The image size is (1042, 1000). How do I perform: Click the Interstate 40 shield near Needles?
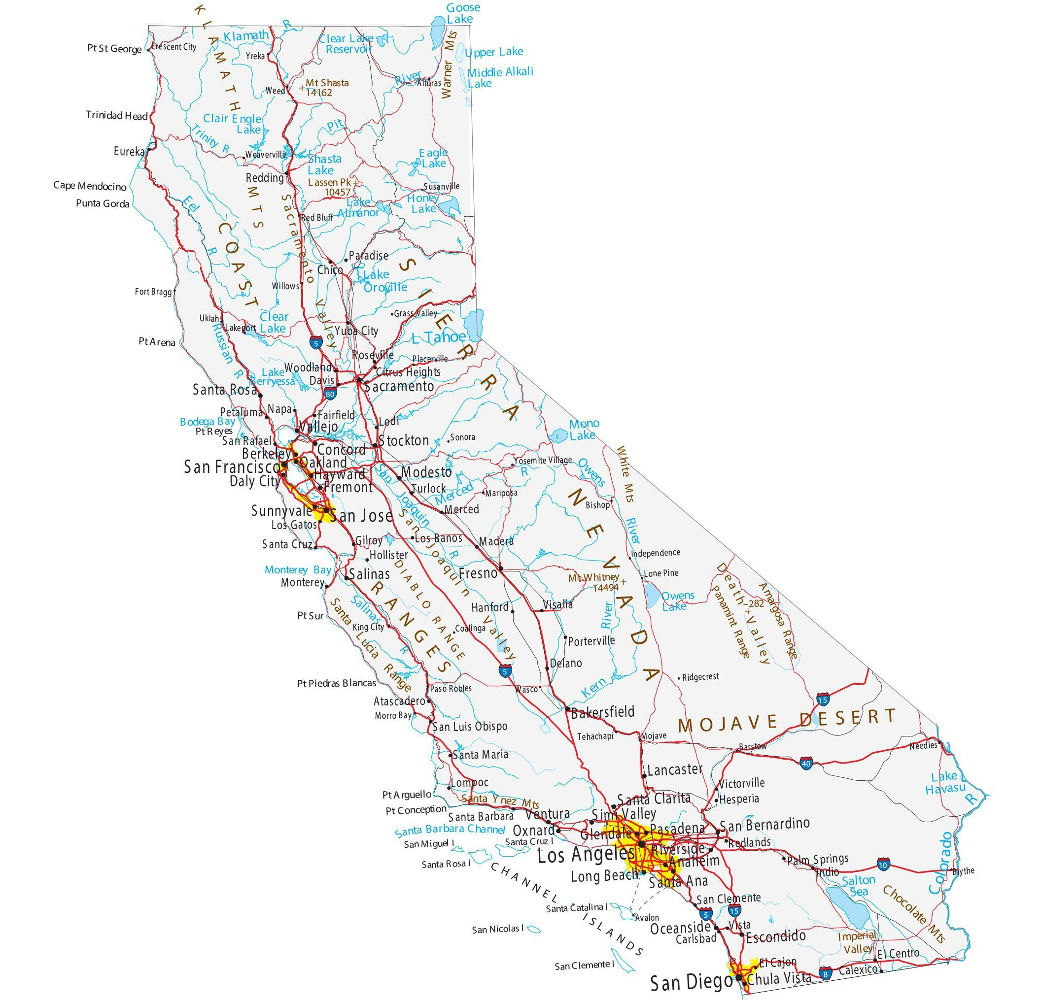[806, 764]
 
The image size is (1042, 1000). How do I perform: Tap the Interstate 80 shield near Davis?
[330, 394]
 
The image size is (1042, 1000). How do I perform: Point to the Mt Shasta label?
[326, 83]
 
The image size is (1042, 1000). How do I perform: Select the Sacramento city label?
[400, 386]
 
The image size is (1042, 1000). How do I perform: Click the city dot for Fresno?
[501, 569]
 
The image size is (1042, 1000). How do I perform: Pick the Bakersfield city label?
[603, 712]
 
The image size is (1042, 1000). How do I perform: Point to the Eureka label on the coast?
[129, 151]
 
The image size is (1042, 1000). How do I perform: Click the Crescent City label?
[174, 47]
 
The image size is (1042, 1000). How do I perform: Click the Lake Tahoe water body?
[473, 323]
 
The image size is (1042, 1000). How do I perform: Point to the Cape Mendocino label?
[90, 186]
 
